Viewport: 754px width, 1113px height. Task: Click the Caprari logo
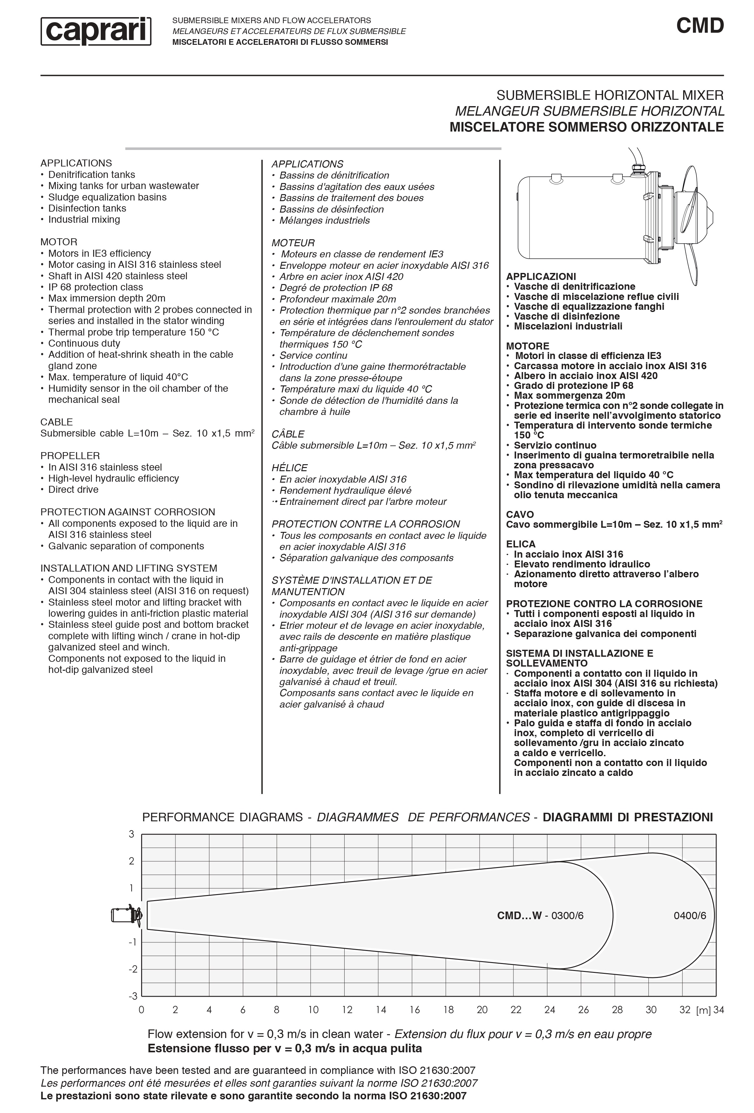tap(96, 31)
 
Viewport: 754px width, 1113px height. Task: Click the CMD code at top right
tap(699, 26)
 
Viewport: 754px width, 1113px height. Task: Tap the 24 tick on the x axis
tap(550, 1009)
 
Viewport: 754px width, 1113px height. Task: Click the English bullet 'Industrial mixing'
tap(84, 219)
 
